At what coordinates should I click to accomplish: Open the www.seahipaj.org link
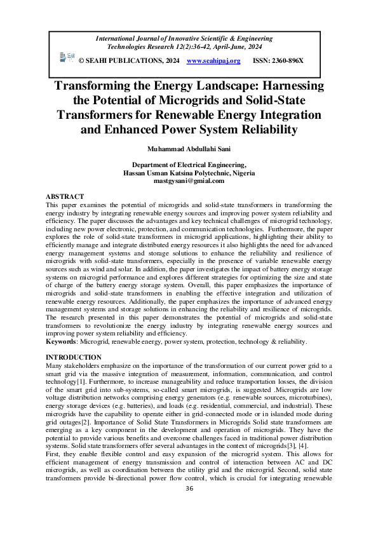213,60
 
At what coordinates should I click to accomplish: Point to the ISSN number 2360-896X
287,60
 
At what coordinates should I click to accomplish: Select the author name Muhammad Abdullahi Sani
189,149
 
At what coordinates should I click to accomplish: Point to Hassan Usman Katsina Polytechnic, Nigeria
189,172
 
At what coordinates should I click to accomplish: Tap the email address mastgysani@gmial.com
189,180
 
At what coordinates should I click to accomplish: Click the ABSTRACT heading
65,196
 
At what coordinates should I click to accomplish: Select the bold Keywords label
62,341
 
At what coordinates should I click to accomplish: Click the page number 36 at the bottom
189,506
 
